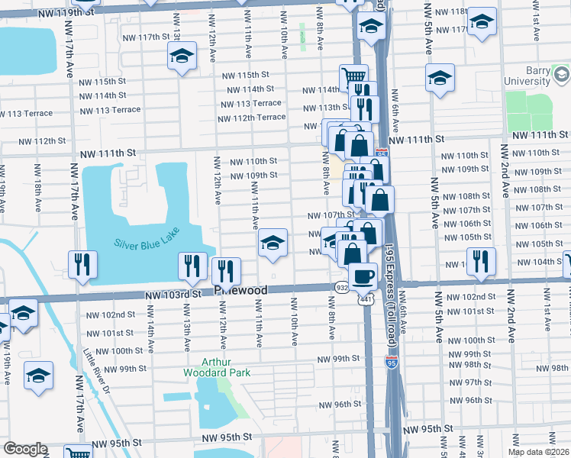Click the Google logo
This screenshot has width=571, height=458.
[x=24, y=449]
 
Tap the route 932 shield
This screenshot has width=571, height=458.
[x=341, y=286]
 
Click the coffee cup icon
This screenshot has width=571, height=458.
[x=363, y=275]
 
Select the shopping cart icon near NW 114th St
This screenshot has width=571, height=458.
[x=353, y=77]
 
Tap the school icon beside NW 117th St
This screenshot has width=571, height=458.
[x=182, y=56]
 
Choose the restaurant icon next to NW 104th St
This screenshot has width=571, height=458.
[x=481, y=261]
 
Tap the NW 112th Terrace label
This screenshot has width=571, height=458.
[x=251, y=117]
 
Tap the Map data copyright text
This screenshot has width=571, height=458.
[x=538, y=452]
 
